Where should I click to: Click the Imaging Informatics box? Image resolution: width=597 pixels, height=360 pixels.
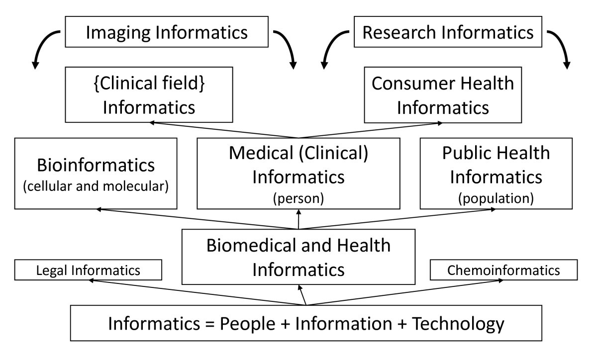166,33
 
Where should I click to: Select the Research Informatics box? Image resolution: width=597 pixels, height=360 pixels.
448,33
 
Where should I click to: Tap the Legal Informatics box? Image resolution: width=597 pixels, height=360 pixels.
89,270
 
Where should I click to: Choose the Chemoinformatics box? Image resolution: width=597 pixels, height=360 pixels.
503,270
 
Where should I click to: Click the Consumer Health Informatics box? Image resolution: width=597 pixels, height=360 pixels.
442,94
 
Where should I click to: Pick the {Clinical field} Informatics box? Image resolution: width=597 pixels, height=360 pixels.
149,94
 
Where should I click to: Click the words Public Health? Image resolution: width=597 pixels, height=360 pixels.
496,153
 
